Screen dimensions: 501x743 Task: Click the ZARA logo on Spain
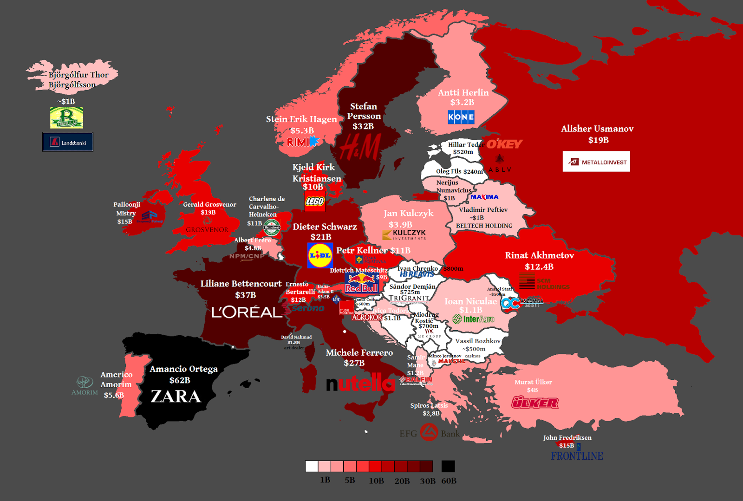click(176, 397)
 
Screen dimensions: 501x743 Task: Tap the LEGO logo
click(315, 201)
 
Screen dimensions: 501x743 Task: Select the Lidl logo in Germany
click(320, 255)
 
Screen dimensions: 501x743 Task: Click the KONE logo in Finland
click(461, 117)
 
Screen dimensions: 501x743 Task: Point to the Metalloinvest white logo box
click(596, 162)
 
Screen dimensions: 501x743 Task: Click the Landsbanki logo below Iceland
click(68, 142)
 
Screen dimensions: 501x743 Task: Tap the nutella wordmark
click(360, 384)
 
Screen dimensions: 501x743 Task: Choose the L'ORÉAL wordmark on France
click(247, 312)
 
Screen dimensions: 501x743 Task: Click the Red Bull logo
click(361, 283)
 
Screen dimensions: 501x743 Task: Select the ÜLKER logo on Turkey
click(534, 403)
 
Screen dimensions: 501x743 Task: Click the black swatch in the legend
click(448, 466)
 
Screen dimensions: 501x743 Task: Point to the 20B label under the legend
click(402, 481)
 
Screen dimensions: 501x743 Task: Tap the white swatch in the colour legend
click(311, 466)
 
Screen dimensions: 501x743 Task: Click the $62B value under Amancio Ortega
click(180, 380)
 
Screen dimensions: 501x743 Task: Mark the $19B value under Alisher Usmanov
click(598, 140)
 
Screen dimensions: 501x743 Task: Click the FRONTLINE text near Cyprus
click(577, 456)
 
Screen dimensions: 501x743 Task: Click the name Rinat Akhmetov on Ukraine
click(539, 255)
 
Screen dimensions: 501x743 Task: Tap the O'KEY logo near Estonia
click(504, 144)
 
